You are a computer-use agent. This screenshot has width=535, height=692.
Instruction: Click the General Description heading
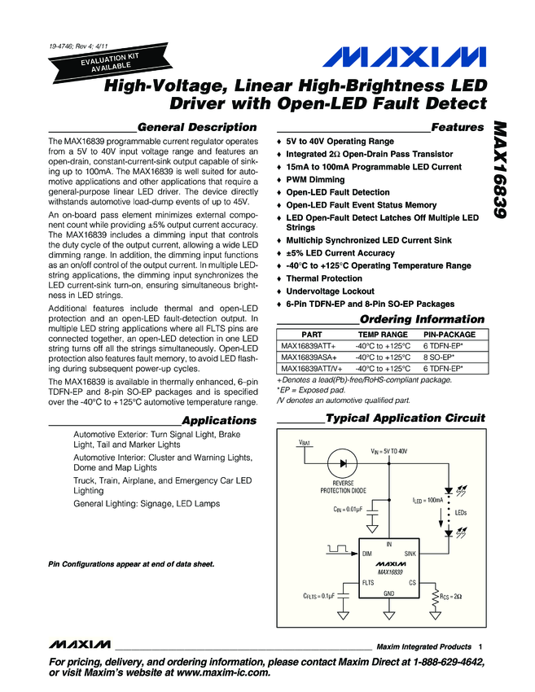click(198, 127)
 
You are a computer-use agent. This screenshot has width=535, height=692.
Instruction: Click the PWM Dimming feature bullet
click(315, 180)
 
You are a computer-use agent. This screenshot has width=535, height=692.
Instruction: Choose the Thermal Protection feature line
click(324, 278)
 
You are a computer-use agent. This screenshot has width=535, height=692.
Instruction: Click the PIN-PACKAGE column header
click(449, 335)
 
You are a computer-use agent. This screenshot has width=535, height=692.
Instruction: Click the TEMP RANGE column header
click(383, 335)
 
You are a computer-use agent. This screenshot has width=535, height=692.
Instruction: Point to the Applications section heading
click(219, 420)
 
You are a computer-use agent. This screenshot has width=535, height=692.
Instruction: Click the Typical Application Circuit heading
click(405, 418)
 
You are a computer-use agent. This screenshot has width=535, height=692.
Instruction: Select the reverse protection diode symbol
click(343, 462)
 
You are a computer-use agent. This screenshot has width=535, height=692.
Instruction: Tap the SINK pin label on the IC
click(410, 553)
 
